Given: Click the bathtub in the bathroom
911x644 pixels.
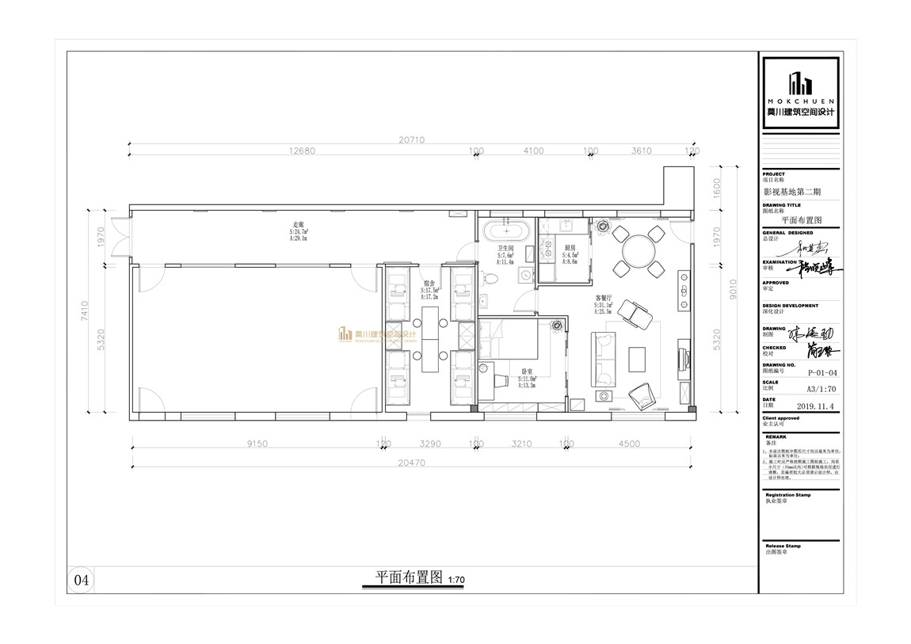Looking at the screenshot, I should tap(505, 233).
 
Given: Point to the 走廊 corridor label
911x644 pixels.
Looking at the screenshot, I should tap(299, 226).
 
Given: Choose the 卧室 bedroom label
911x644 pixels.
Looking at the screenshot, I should tap(526, 372).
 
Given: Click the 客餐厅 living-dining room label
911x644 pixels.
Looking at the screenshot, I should tap(604, 299).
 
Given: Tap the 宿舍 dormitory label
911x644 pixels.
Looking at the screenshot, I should tap(429, 283).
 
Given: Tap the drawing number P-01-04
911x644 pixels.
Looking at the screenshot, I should tap(820, 371).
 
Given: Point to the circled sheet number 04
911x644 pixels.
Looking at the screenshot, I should tap(82, 580).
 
